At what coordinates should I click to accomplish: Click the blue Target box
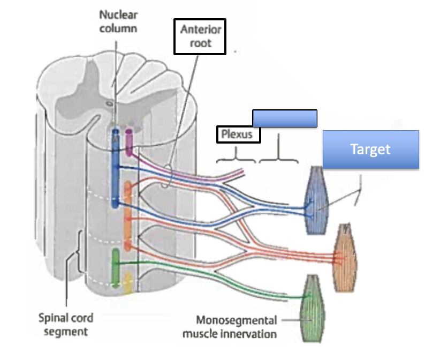click(370, 149)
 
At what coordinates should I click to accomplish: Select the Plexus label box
click(238, 134)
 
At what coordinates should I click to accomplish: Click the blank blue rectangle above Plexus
click(285, 118)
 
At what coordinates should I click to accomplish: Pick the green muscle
click(312, 308)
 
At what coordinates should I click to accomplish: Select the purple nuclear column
click(129, 141)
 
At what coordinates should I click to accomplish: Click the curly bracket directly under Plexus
click(236, 157)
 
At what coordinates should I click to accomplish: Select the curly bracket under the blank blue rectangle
click(277, 155)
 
